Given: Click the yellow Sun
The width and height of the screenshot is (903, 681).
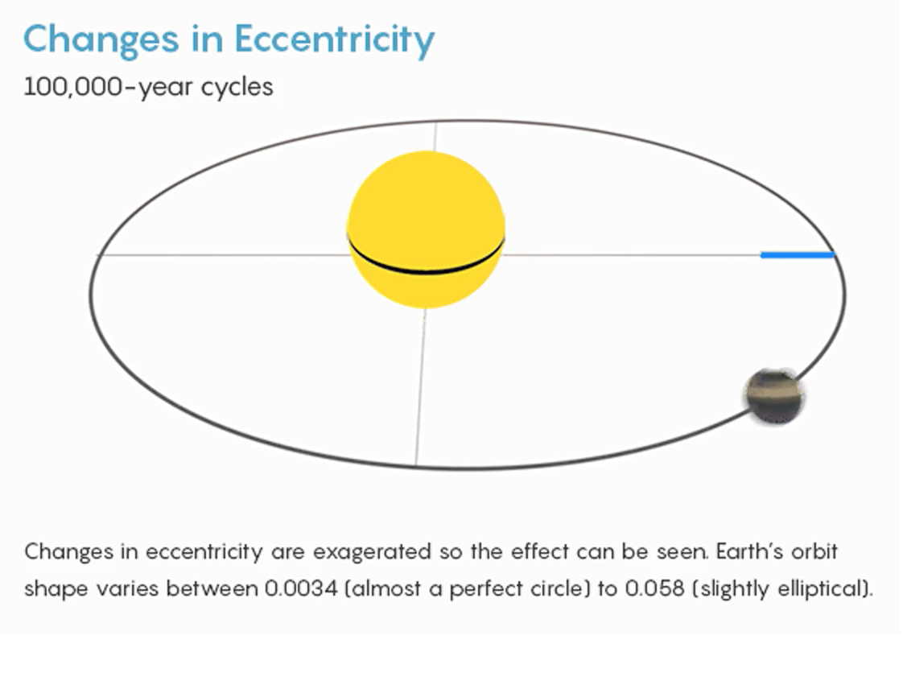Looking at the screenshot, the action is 427,229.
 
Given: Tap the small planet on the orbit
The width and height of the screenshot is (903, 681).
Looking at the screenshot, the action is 774,396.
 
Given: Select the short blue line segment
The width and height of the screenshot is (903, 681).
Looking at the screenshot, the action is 798,254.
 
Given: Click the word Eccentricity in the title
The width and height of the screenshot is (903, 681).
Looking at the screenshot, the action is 334,40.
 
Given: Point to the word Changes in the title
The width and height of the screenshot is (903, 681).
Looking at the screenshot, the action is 101,40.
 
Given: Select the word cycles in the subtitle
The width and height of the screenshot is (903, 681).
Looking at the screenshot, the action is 237,88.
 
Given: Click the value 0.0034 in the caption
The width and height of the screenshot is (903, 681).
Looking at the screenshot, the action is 301,588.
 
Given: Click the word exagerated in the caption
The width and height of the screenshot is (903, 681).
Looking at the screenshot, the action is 373,552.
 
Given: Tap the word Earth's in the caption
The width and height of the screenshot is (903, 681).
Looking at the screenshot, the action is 750,551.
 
